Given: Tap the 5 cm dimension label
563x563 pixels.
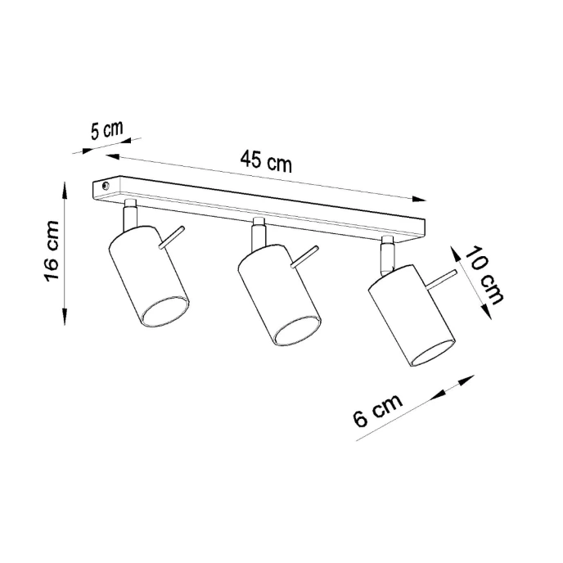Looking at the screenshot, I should pos(106,130).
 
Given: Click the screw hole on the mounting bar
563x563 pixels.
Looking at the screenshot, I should pos(105,187).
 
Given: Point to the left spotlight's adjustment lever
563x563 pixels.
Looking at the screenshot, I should pos(173,238).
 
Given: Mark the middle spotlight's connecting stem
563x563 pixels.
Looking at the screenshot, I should pos(259,233).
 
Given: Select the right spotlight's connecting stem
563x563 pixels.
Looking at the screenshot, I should pos(387,253).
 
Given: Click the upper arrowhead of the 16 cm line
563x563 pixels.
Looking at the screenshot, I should pos(65,189).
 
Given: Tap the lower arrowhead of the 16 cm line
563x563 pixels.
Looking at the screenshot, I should pos(65,320).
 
